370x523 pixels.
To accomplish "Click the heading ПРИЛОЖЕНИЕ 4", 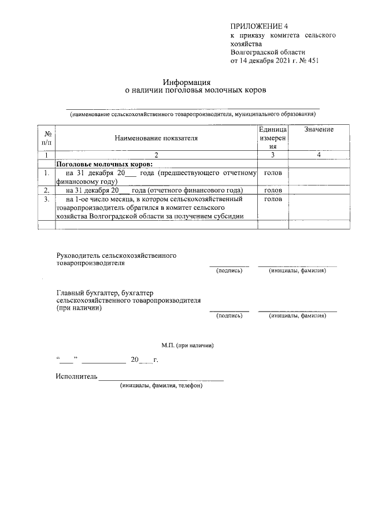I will (258, 27).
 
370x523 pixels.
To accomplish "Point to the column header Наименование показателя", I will (156, 138).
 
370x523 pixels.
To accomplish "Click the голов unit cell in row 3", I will (272, 199).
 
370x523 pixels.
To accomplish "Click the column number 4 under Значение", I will (319, 155).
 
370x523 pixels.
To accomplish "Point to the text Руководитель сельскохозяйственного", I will (116, 255).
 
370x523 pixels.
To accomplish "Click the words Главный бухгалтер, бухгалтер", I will (109, 293).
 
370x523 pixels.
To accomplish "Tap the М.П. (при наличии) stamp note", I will (188, 345).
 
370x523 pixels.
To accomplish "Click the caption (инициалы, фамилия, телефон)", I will (161, 385).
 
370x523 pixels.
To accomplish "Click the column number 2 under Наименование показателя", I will (156, 155).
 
